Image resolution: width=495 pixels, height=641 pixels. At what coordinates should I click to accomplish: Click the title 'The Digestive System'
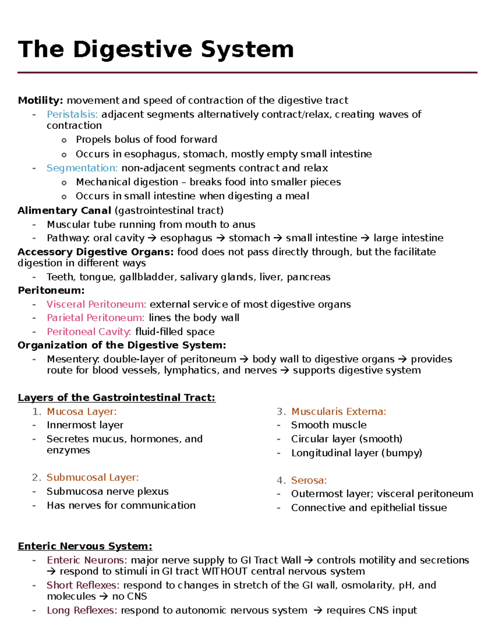[x=156, y=50]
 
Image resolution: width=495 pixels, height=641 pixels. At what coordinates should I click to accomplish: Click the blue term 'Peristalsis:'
[x=72, y=114]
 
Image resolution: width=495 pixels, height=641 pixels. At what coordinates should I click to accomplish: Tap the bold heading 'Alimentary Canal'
[x=64, y=211]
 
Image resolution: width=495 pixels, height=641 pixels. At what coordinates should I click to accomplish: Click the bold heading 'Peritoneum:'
[x=51, y=291]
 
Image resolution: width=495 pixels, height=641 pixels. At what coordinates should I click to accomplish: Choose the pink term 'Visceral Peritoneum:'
[x=96, y=305]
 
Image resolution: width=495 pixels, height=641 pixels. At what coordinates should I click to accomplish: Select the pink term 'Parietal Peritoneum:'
[x=95, y=318]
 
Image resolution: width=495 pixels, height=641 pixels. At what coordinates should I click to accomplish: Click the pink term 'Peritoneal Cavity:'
[x=89, y=332]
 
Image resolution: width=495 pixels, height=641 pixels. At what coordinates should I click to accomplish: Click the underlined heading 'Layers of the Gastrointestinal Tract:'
[x=116, y=397]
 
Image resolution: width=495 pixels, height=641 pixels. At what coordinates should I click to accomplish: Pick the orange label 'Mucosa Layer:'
[x=82, y=412]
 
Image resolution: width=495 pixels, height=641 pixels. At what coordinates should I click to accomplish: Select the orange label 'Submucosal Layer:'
[x=92, y=478]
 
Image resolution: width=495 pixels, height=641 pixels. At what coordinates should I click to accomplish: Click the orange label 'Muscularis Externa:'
[x=339, y=412]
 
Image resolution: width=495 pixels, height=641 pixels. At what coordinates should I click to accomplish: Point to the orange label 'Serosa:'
[x=309, y=480]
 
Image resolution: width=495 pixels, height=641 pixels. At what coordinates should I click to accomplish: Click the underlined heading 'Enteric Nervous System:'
[x=85, y=546]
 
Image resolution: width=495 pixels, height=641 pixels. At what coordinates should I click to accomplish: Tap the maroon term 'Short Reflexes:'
[x=83, y=585]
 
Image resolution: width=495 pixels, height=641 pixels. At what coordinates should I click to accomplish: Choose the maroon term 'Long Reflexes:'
[x=82, y=610]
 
